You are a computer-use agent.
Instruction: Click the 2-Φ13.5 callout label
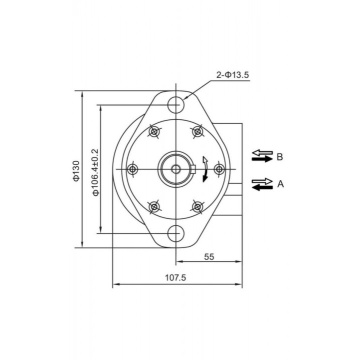[x=232, y=75]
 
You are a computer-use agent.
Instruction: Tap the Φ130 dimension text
[x=77, y=171]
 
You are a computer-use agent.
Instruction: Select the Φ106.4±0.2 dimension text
[x=96, y=172]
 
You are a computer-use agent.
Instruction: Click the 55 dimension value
[x=209, y=256]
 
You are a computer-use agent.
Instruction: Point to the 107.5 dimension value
[x=176, y=278]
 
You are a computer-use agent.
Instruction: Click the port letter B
[x=280, y=156]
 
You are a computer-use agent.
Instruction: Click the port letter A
[x=280, y=183]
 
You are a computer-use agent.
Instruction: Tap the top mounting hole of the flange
[x=176, y=105]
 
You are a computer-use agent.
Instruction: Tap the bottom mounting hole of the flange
[x=176, y=233]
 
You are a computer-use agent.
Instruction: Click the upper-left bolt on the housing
[x=154, y=132]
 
